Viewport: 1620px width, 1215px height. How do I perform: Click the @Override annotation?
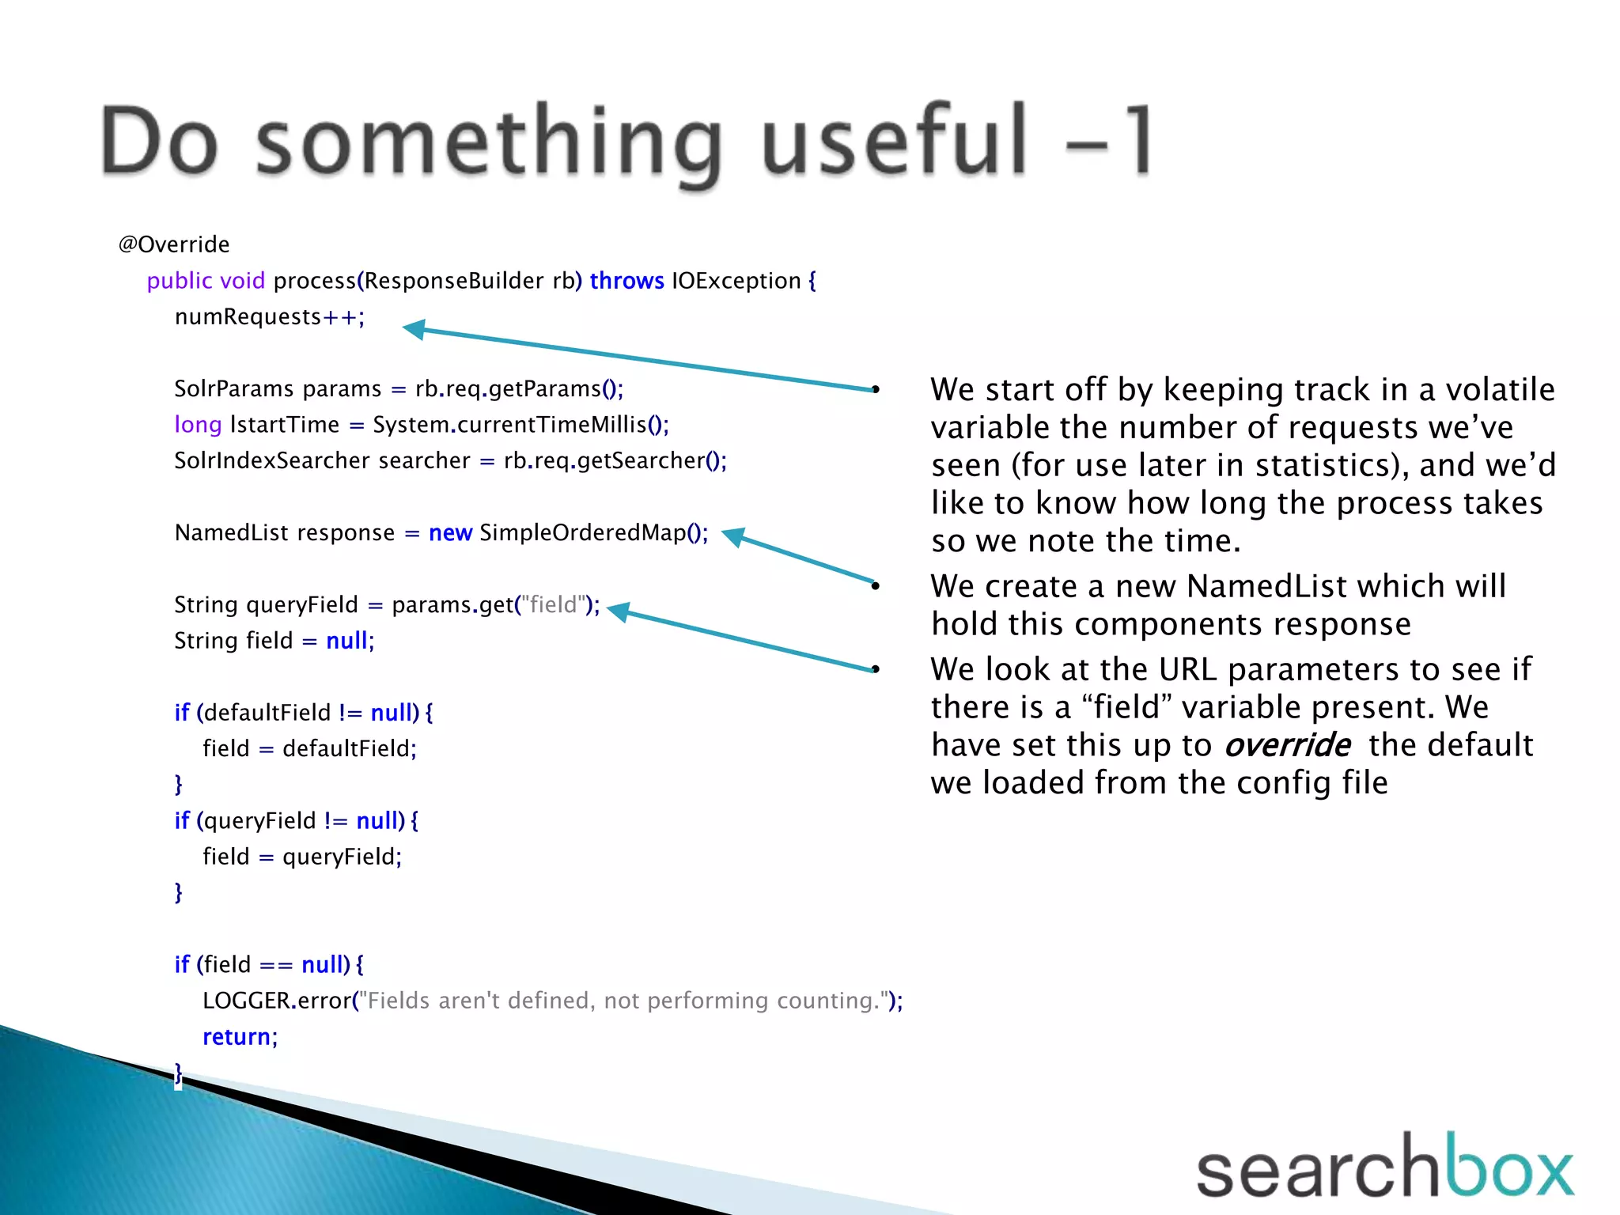(174, 244)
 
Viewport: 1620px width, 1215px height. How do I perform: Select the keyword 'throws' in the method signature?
(626, 281)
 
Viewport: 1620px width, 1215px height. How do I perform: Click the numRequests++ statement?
(269, 317)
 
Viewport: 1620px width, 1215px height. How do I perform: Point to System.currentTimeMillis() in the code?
(520, 425)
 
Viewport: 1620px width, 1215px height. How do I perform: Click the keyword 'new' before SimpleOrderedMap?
(450, 533)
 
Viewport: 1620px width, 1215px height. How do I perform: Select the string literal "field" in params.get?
(553, 605)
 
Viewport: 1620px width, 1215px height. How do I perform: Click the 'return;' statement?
(240, 1037)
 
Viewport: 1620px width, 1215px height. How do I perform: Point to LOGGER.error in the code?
(277, 1001)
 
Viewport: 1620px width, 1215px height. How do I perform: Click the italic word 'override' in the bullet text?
(1287, 745)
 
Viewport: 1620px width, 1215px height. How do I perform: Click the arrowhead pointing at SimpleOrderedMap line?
(733, 536)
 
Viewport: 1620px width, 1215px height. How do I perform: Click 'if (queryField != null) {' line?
(296, 821)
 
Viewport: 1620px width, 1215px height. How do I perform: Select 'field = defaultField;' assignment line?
(309, 749)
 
